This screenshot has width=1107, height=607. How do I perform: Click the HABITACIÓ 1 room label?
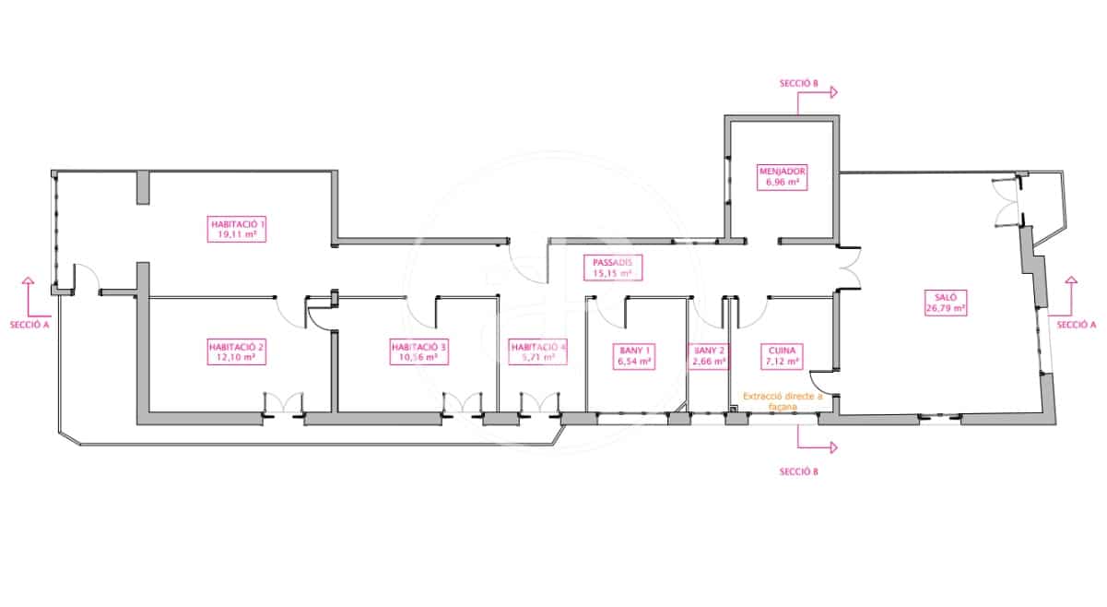click(x=238, y=229)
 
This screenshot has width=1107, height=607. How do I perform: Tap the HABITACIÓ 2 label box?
click(x=236, y=351)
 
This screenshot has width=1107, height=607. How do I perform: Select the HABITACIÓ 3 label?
click(x=419, y=351)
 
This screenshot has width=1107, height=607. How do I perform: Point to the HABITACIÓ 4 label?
click(x=538, y=351)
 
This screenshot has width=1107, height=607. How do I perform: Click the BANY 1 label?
click(x=633, y=356)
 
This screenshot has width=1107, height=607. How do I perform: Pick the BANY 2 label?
click(x=708, y=356)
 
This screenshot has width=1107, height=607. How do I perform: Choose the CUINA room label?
click(x=783, y=356)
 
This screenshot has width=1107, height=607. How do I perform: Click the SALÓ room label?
click(x=945, y=302)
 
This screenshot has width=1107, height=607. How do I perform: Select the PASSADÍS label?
click(x=612, y=268)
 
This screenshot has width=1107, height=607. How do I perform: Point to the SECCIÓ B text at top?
click(x=798, y=83)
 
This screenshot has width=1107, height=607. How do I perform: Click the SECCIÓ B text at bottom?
click(x=798, y=471)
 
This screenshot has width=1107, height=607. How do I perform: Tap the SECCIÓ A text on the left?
click(x=29, y=325)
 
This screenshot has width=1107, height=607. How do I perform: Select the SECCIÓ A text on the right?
click(x=1076, y=325)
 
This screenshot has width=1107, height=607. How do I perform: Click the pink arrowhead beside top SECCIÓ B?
click(x=833, y=92)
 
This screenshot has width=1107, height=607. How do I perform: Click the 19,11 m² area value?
click(x=238, y=235)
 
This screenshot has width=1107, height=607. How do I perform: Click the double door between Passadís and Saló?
click(x=849, y=268)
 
